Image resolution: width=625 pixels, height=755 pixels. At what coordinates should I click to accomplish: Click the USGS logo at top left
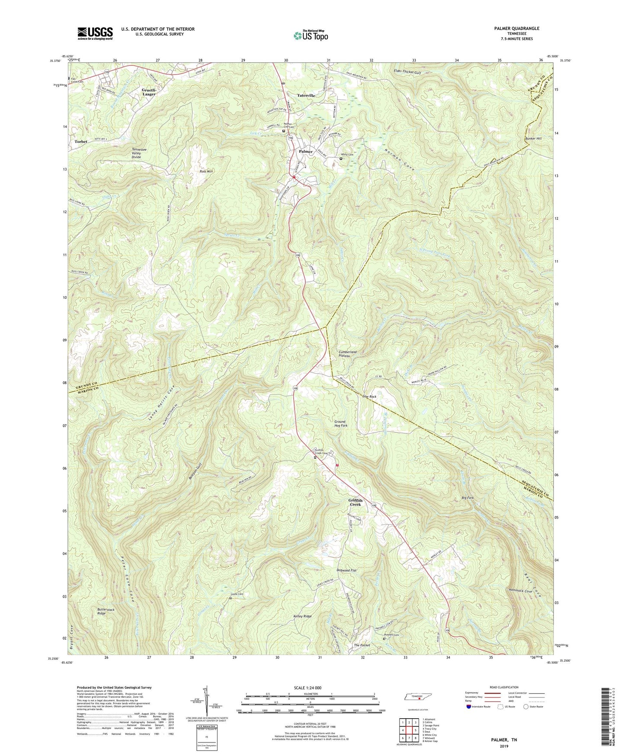pos(95,33)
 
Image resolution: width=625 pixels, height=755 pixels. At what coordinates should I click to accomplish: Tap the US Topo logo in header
pos(310,36)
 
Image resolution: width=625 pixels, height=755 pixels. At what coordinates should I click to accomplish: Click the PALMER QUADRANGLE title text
pos(514,29)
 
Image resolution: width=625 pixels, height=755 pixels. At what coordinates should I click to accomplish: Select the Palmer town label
pos(305,152)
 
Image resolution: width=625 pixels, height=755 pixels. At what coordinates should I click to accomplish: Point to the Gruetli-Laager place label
pos(149,92)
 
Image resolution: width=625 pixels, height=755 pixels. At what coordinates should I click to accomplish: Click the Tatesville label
pos(306,95)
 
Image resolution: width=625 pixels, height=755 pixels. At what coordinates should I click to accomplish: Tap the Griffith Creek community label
pos(355,502)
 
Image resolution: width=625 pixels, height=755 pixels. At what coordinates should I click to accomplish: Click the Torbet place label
pos(81,141)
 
